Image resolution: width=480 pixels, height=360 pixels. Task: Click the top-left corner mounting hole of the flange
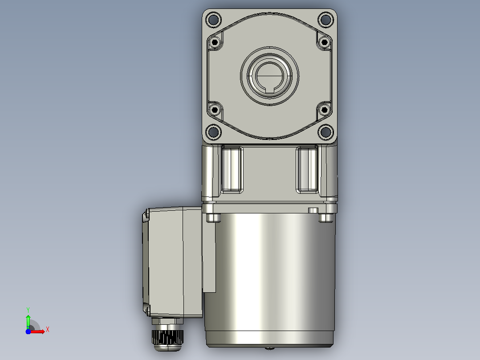(213, 20)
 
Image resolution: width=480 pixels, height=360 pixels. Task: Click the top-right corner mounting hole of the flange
(326, 20)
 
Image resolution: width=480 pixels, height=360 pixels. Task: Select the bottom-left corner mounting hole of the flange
(213, 132)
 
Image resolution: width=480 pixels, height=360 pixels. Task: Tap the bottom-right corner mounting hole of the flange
(326, 132)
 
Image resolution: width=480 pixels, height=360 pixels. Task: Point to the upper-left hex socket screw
(215, 42)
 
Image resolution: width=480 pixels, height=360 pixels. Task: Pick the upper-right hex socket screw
(325, 42)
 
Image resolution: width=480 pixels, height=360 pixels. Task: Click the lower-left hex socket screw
(215, 110)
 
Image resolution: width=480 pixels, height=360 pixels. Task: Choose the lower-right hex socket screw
(325, 110)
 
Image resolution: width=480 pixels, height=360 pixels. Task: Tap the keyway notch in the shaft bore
(270, 90)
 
